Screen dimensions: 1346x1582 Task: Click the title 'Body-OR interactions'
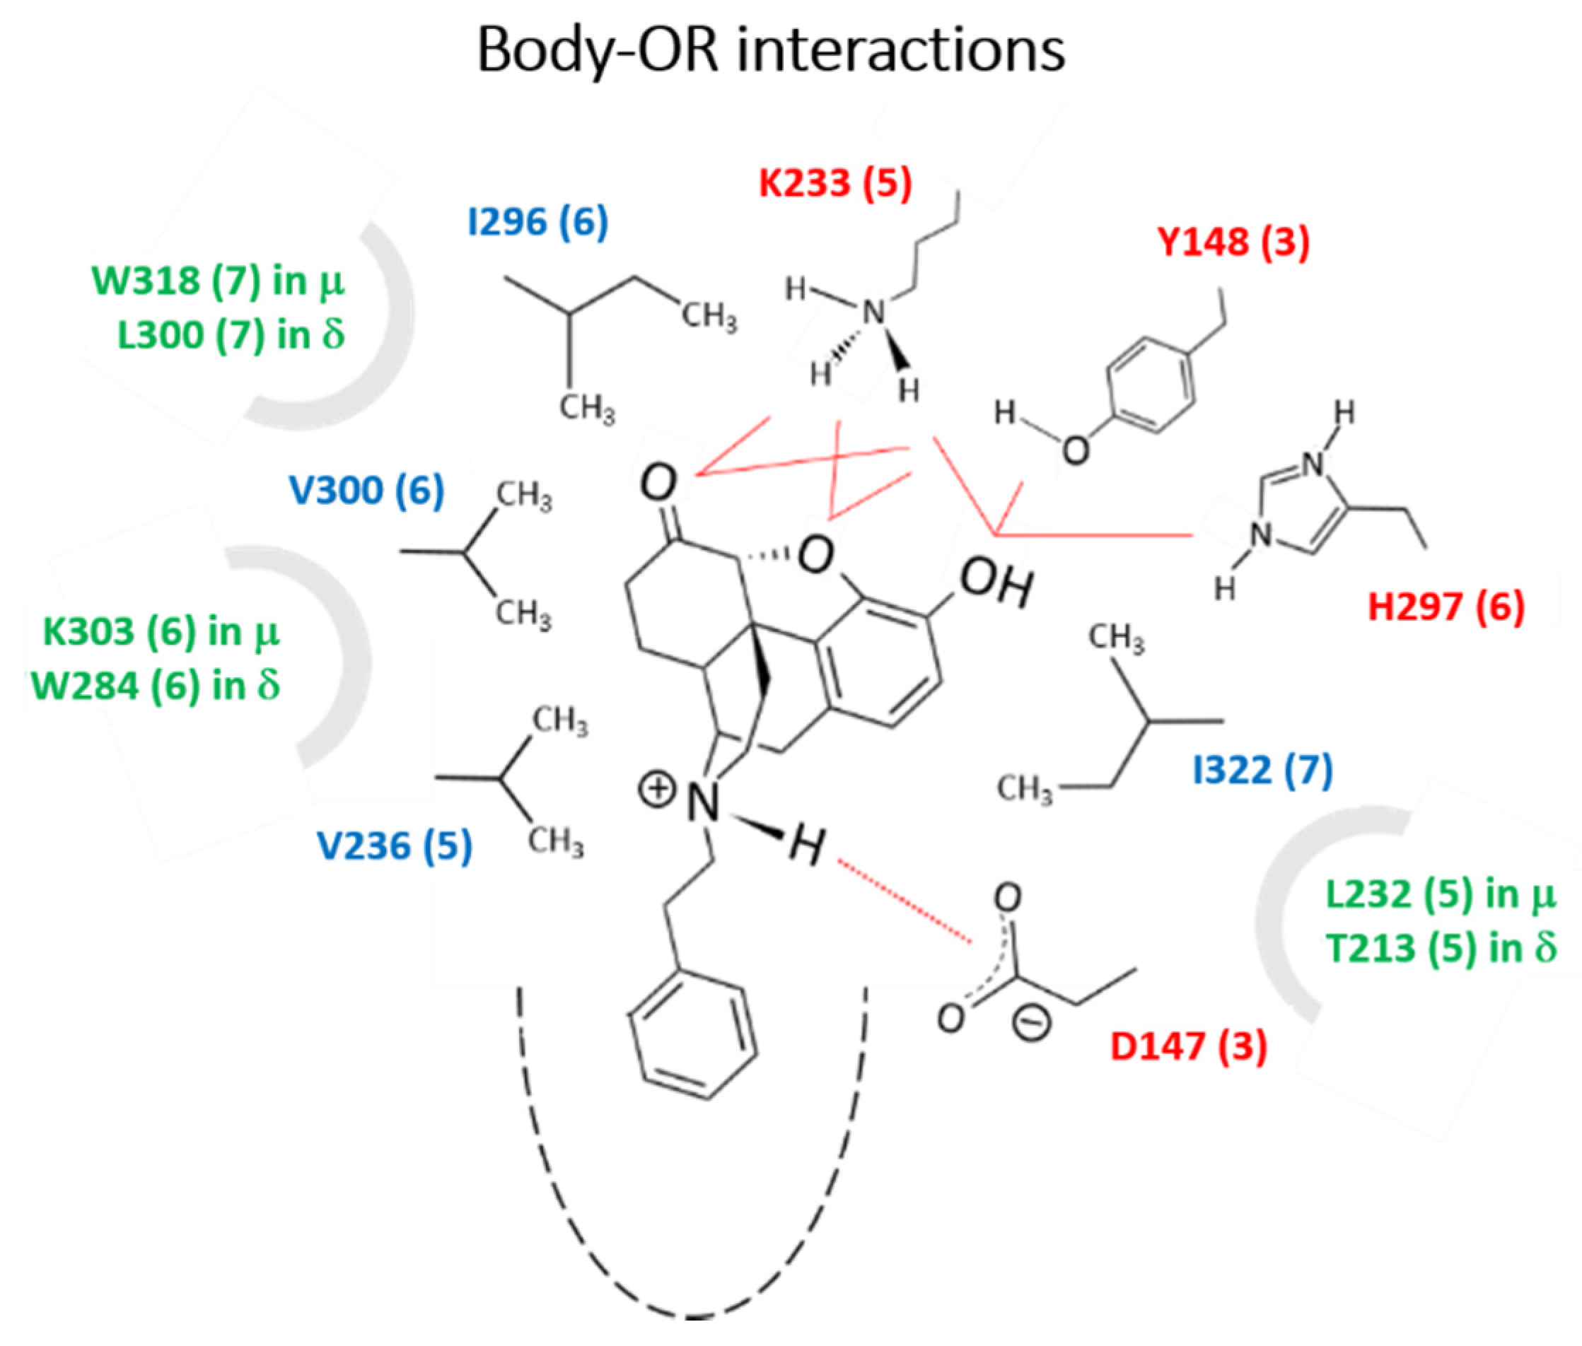click(770, 50)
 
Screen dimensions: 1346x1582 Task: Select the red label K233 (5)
click(835, 183)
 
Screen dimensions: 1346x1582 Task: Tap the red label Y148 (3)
click(1233, 242)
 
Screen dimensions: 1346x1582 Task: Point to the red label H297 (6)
click(1446, 607)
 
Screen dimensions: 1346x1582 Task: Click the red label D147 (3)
click(1188, 1046)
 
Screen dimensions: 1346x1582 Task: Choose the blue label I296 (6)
click(538, 222)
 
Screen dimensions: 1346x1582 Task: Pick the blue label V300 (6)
click(366, 490)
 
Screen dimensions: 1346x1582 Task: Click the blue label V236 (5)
click(395, 845)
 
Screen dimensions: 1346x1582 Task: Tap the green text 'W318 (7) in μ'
click(219, 281)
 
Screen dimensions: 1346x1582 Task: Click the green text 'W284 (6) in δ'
click(156, 685)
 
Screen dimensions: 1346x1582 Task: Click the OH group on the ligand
click(996, 585)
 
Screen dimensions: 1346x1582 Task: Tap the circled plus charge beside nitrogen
click(657, 790)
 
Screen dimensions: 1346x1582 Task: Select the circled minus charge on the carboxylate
click(1031, 1024)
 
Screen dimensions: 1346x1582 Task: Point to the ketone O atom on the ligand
click(658, 483)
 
